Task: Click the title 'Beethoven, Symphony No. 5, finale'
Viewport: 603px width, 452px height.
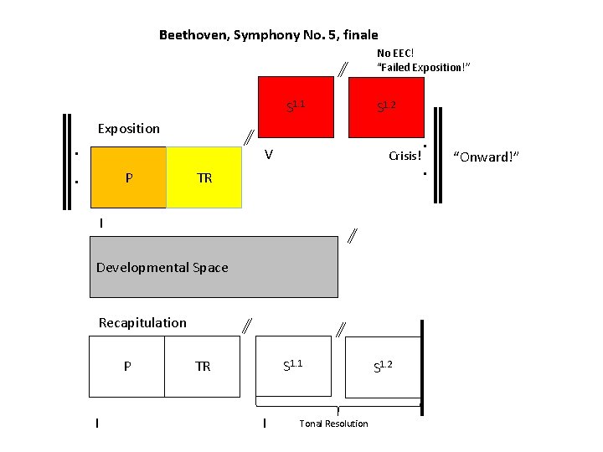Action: pos(268,35)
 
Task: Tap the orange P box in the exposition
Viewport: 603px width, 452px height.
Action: pos(127,177)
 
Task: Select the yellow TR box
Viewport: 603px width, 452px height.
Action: pos(204,177)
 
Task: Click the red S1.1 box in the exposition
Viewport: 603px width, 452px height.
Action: pos(296,105)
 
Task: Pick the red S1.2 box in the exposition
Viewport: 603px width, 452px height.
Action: pos(386,105)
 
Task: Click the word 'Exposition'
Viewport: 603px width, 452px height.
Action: pos(128,128)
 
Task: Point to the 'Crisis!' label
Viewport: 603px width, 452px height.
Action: pos(405,157)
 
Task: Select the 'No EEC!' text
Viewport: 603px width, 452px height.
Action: pos(395,53)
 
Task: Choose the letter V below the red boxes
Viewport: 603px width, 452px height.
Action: pos(268,154)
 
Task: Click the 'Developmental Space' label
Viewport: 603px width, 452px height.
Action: pos(162,268)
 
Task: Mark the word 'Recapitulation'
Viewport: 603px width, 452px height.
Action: pos(142,322)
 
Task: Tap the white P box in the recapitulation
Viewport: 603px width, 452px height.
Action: pos(126,366)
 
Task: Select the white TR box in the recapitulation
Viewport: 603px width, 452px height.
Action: pos(203,366)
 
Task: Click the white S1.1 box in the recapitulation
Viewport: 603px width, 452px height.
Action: pos(293,365)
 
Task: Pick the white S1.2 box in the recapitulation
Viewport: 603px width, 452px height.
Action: pos(383,365)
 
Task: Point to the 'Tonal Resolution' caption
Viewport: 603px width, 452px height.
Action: pos(333,424)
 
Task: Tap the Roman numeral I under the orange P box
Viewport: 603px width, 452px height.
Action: pos(101,223)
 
